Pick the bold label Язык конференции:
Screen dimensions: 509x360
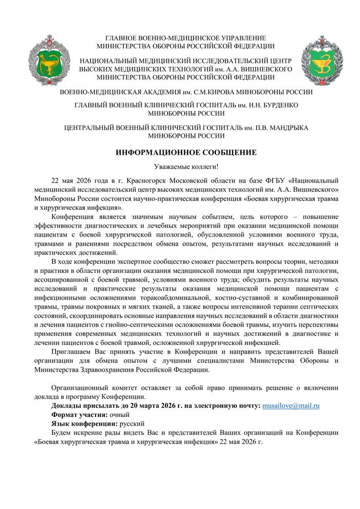(84, 424)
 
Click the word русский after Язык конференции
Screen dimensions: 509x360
(132, 424)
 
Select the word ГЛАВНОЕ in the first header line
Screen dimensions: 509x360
(122, 38)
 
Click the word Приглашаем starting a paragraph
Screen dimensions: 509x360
(73, 351)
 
